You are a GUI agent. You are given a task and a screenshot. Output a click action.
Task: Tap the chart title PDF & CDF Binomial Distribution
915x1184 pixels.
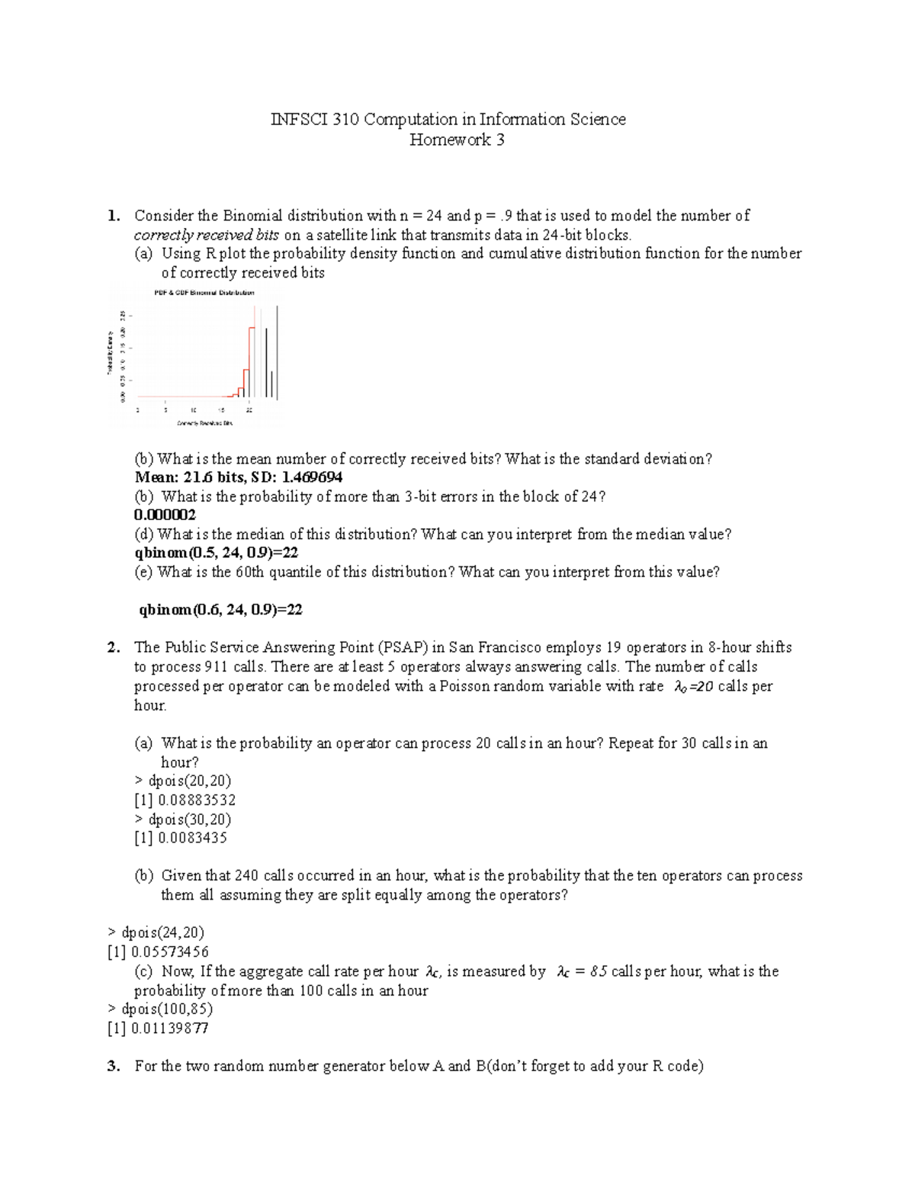click(204, 293)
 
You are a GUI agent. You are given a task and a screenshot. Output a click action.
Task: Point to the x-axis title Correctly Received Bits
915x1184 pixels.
click(204, 422)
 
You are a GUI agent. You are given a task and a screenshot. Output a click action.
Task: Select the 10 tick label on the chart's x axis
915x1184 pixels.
click(194, 410)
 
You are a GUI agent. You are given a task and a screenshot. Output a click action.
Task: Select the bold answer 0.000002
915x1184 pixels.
click(165, 515)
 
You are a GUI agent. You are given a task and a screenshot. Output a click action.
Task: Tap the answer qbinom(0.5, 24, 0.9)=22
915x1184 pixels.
click(216, 553)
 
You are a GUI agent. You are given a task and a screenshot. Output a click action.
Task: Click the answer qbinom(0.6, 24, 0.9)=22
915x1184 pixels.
click(220, 609)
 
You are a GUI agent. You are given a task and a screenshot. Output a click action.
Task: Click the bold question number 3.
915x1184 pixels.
click(114, 1066)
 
